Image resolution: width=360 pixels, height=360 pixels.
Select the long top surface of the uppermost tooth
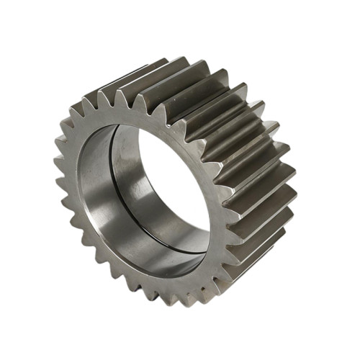pyautogui.click(x=180, y=72)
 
